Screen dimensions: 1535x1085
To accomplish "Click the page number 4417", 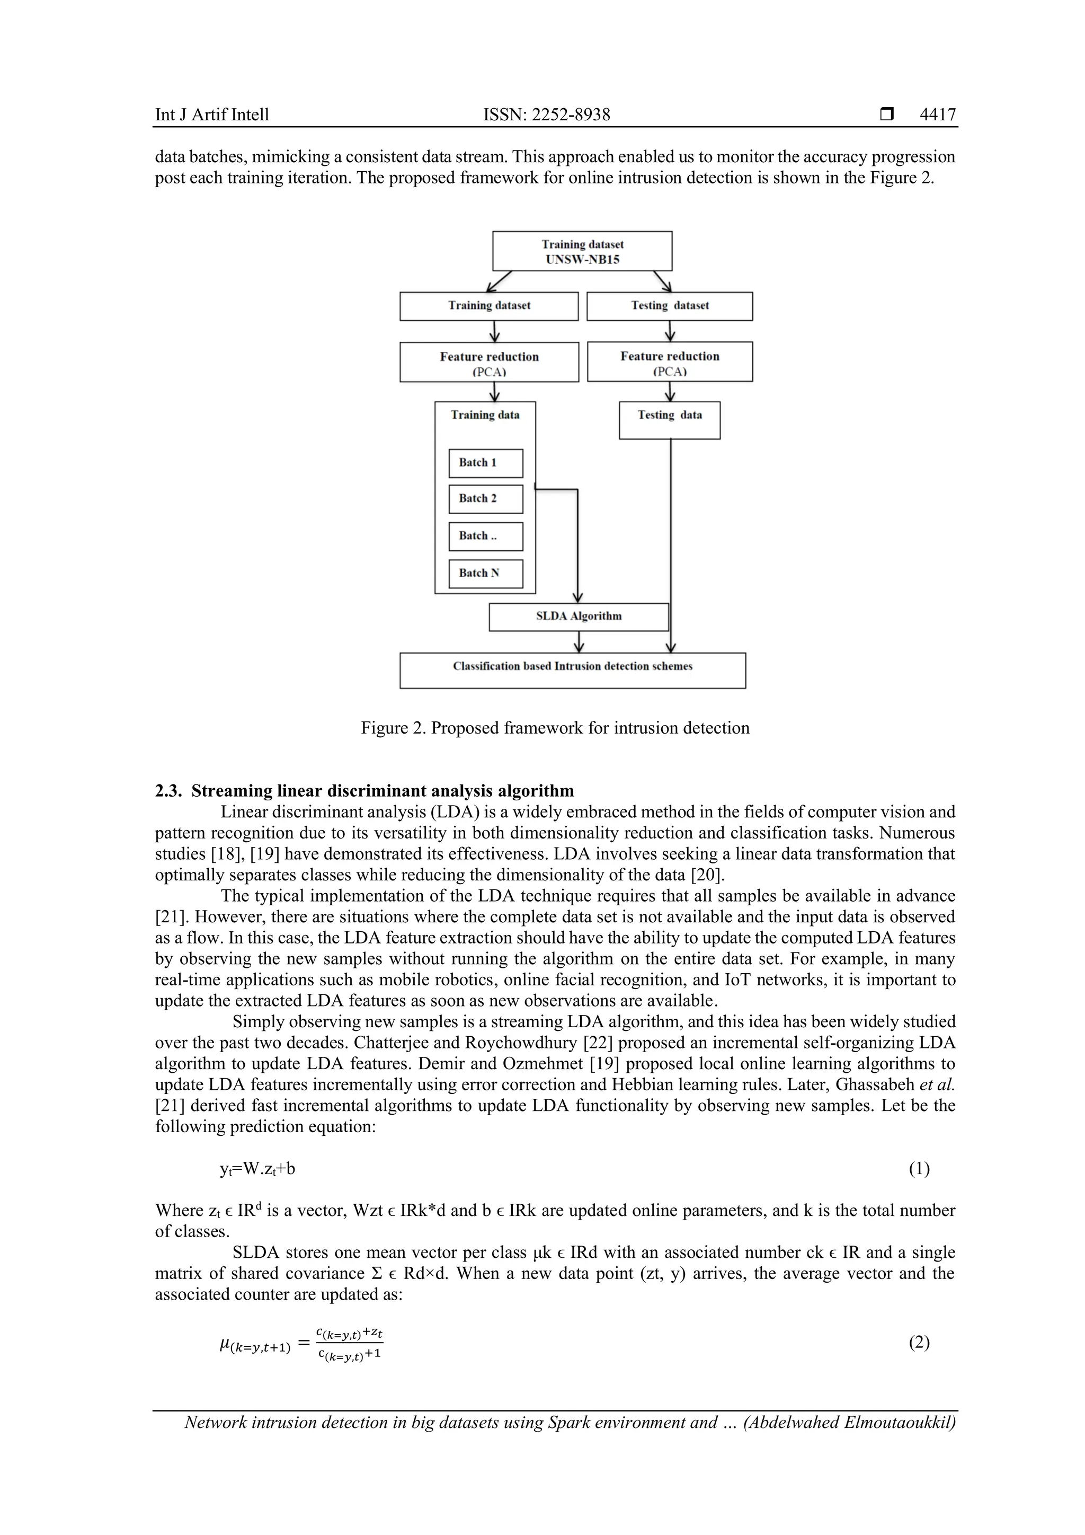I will [x=937, y=114].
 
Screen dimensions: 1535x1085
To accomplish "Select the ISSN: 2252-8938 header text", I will [x=547, y=114].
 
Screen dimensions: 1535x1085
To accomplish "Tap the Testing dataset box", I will [x=670, y=306].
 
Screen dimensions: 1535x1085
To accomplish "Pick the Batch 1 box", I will [x=486, y=463].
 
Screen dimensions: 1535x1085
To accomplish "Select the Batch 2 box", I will [x=486, y=499].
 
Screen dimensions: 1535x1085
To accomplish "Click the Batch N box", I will [x=486, y=574].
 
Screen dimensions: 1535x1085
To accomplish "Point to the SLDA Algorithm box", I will [x=579, y=616].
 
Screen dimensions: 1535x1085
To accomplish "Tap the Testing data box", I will [x=670, y=420].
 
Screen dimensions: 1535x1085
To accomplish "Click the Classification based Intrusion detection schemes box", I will [x=573, y=670].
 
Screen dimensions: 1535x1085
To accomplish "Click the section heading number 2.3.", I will [x=168, y=791].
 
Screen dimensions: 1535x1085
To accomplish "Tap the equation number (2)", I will [x=919, y=1343].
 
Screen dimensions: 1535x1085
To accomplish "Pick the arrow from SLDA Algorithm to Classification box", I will [x=579, y=641].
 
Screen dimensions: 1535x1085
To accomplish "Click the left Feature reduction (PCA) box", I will [x=489, y=363].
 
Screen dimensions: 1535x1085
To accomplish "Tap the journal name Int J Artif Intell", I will [x=212, y=114].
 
